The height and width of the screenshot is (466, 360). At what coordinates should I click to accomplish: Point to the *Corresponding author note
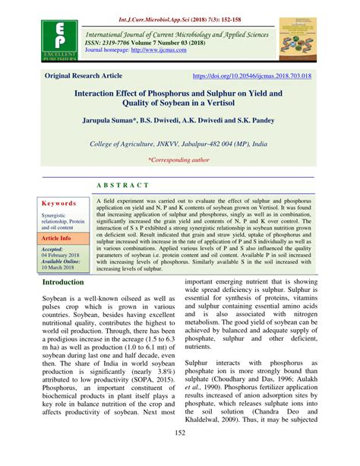(180, 160)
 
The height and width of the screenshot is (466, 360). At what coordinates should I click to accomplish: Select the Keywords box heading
(60, 204)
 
